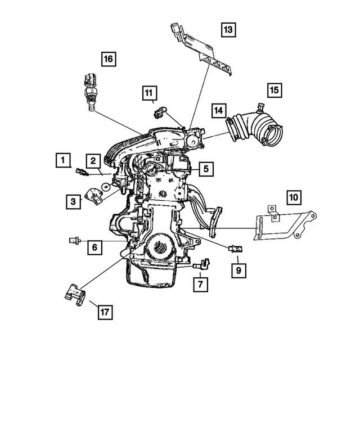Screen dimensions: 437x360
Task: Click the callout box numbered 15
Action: pos(273,89)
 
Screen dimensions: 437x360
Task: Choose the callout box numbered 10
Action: pos(293,197)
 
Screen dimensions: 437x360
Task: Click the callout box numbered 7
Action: pos(199,285)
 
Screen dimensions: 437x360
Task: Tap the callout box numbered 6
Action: pos(94,246)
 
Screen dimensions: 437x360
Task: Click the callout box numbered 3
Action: pos(73,200)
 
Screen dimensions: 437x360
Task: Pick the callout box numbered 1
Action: pos(63,160)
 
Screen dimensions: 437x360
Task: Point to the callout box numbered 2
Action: pos(93,160)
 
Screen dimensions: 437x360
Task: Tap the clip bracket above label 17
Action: pos(74,294)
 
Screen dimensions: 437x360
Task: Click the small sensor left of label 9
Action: pos(235,247)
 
